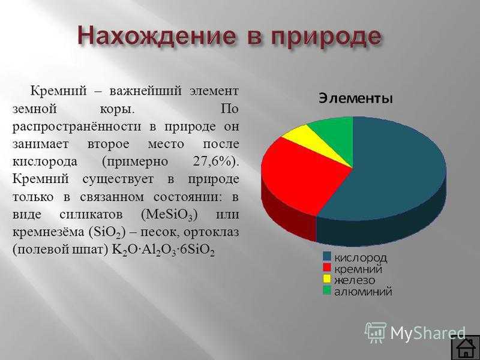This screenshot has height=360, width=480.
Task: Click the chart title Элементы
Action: (x=356, y=99)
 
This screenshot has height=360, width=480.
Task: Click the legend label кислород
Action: (x=361, y=258)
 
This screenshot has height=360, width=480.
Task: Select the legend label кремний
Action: (x=358, y=269)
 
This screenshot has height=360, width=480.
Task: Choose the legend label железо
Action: (x=355, y=280)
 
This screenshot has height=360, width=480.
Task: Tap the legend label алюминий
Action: (x=363, y=291)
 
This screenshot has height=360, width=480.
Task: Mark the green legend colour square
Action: (x=327, y=290)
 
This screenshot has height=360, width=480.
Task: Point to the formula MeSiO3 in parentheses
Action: (x=169, y=215)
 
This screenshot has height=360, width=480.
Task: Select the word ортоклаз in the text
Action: (x=211, y=233)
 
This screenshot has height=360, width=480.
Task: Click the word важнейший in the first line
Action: (x=146, y=92)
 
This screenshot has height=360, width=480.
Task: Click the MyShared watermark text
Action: (x=428, y=332)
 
